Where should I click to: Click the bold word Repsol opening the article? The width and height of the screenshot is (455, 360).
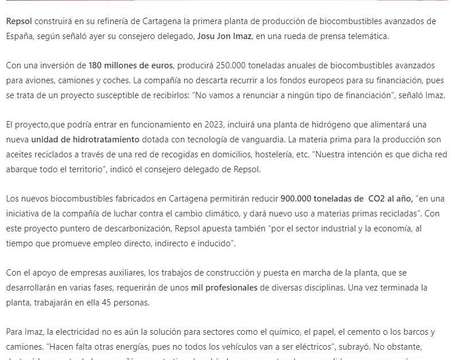18,21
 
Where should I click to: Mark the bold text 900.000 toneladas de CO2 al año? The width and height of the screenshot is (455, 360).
347,199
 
